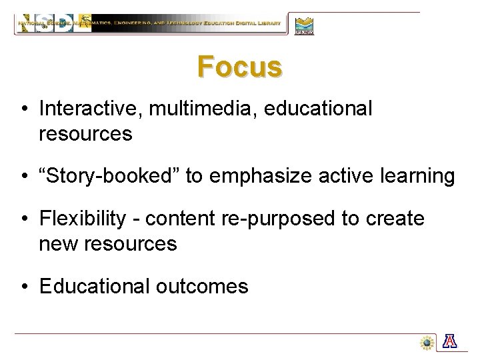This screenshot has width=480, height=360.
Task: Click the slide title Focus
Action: pos(239,67)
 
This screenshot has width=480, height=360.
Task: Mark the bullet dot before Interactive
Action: pos(23,109)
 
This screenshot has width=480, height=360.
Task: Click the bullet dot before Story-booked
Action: pos(23,177)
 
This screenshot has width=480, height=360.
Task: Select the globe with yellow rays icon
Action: pos(426,342)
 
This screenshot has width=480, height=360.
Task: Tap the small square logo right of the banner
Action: pos(304,25)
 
